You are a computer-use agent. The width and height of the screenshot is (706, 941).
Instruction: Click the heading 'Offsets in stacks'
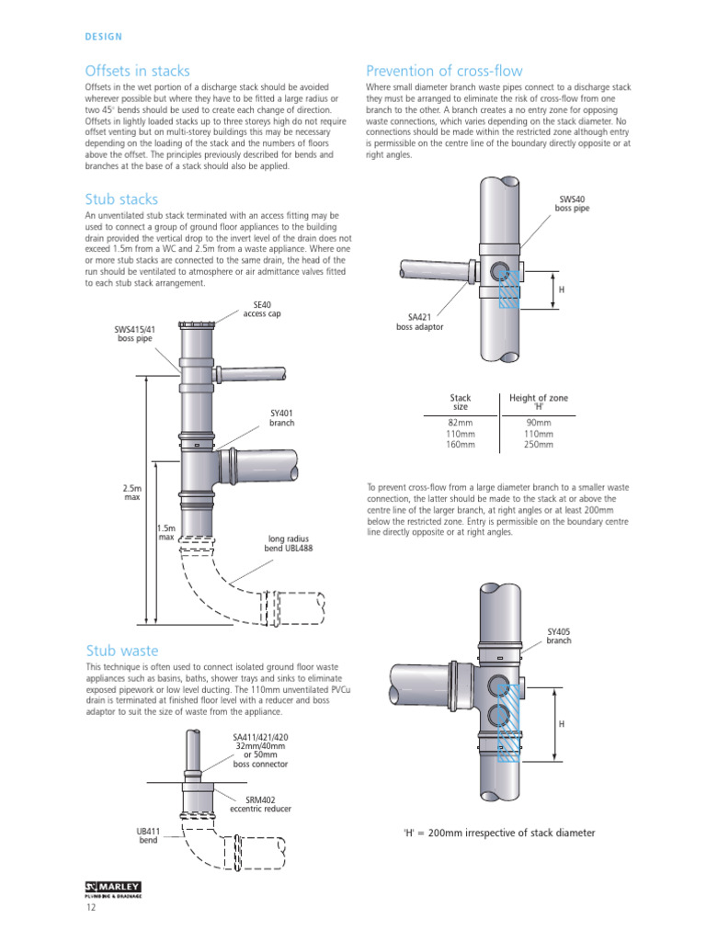tap(137, 71)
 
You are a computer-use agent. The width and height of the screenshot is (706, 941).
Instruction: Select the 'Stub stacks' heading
tap(121, 199)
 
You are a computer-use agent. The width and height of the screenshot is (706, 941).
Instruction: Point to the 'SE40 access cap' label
tap(262, 310)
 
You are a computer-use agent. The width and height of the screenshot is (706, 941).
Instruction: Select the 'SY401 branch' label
tap(281, 418)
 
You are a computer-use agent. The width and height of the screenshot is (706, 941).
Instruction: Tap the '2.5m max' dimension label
tap(131, 493)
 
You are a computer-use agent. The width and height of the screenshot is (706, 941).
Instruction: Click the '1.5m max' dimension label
tap(165, 532)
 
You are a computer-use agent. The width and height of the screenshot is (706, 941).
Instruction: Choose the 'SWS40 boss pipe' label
tap(571, 203)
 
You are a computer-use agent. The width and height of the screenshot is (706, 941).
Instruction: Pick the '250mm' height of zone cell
tap(539, 445)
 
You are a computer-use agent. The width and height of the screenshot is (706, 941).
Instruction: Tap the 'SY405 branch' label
tap(559, 636)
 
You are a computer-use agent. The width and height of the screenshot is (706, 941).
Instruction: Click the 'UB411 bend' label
tap(148, 835)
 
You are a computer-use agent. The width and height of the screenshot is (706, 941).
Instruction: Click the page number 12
tap(91, 909)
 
